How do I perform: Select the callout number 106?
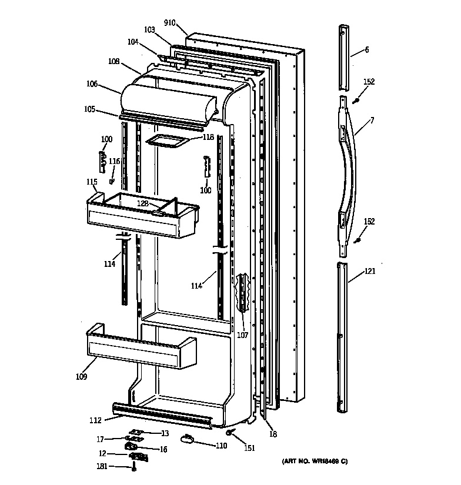92,84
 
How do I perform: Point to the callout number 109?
81,376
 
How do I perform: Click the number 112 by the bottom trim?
95,420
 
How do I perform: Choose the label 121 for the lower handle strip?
369,271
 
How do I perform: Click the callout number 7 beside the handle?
372,121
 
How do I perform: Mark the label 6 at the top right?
367,50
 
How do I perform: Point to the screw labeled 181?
135,468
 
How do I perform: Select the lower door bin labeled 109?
141,350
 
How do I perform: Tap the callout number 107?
242,336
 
